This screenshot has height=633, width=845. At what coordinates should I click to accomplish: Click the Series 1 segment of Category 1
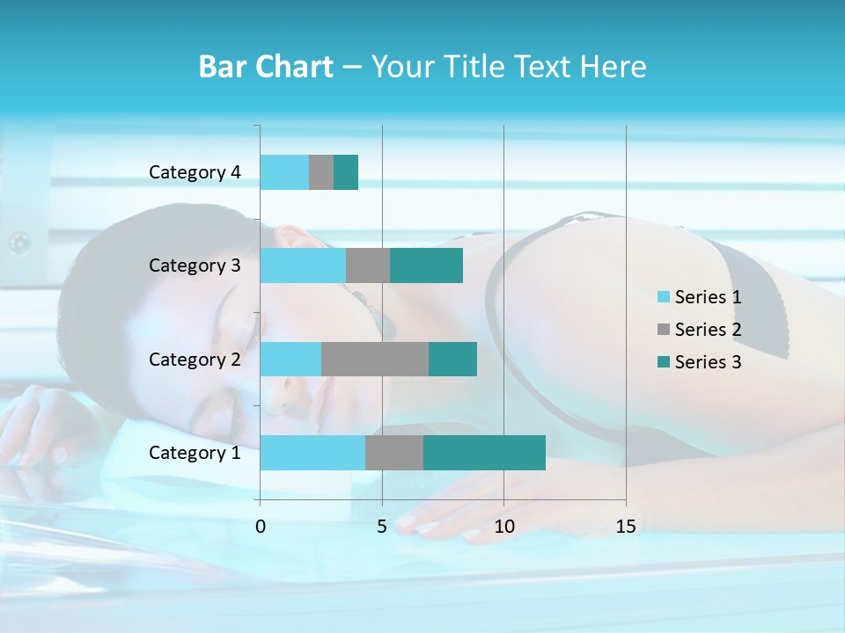click(312, 453)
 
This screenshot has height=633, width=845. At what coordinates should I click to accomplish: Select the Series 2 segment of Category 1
click(394, 453)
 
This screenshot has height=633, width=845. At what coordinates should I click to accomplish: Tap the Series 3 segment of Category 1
click(484, 453)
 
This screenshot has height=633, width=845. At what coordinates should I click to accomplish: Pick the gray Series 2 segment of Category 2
click(375, 359)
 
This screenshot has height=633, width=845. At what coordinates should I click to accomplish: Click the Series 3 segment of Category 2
click(452, 359)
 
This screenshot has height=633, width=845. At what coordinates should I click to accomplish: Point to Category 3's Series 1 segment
click(303, 266)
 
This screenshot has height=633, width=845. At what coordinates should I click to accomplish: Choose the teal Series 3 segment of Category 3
click(426, 266)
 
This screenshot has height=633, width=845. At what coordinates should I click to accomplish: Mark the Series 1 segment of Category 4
click(284, 172)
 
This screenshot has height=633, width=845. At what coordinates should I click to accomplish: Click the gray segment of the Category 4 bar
click(321, 172)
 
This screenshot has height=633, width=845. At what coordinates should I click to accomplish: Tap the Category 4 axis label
click(195, 172)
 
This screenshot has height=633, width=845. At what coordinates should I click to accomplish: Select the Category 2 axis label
click(195, 359)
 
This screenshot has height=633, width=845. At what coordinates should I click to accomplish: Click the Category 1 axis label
click(195, 453)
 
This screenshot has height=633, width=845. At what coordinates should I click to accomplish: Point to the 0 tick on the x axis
click(261, 527)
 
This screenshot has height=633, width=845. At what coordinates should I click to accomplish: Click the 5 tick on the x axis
click(382, 527)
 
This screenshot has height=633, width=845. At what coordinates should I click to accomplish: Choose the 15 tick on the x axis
click(626, 527)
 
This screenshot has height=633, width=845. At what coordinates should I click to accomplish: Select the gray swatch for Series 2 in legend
click(664, 330)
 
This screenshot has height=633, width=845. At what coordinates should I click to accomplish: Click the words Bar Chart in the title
click(266, 67)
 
